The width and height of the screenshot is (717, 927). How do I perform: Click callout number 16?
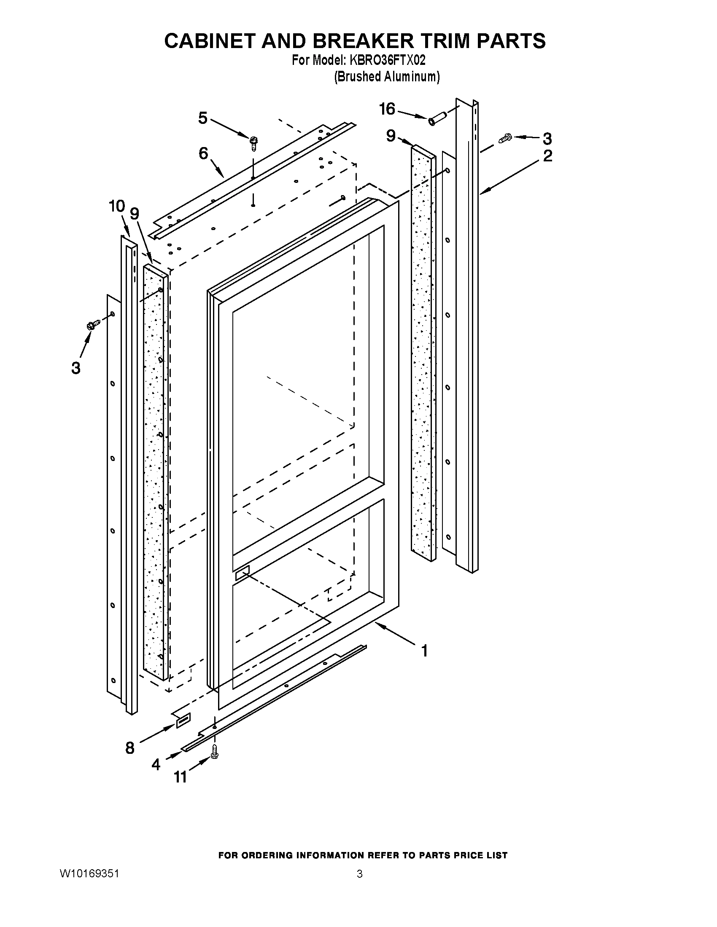(387, 109)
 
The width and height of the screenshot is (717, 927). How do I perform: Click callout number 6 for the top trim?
(203, 153)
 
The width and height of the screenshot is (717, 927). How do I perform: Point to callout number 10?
(117, 207)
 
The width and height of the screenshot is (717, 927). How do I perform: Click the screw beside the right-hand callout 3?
(505, 137)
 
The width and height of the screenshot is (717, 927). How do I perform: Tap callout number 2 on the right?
(547, 156)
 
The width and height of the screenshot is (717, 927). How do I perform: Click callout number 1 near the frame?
(424, 651)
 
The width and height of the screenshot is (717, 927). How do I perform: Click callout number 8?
(130, 748)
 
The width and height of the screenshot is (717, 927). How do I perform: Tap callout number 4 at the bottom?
(156, 764)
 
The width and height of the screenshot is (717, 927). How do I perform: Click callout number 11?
(180, 777)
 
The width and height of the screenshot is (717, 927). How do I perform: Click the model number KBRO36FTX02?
(387, 60)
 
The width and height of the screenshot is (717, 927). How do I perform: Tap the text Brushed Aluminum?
(386, 76)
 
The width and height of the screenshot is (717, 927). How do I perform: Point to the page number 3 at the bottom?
(359, 874)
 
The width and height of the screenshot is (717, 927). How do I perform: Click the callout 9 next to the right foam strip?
(391, 136)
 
